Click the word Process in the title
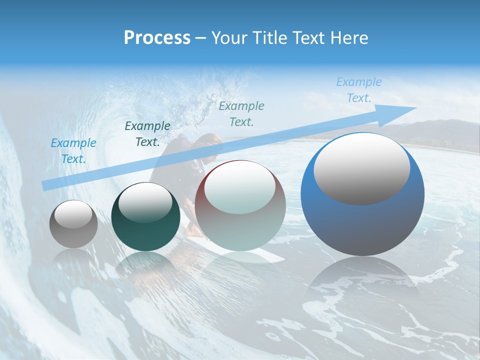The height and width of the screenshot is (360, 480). pos(157,38)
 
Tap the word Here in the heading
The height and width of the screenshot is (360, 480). pos(348,38)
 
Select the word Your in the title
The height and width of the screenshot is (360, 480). pos(228,38)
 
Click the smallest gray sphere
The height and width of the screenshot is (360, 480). pos(73,224)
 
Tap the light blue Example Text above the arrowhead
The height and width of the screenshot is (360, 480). pos(359,90)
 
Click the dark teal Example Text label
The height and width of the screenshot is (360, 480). pos(147,133)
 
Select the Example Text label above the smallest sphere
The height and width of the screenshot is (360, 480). pos(73,150)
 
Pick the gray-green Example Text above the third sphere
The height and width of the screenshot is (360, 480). pos(241,113)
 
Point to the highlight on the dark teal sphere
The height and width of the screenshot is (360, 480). pos(145,202)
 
